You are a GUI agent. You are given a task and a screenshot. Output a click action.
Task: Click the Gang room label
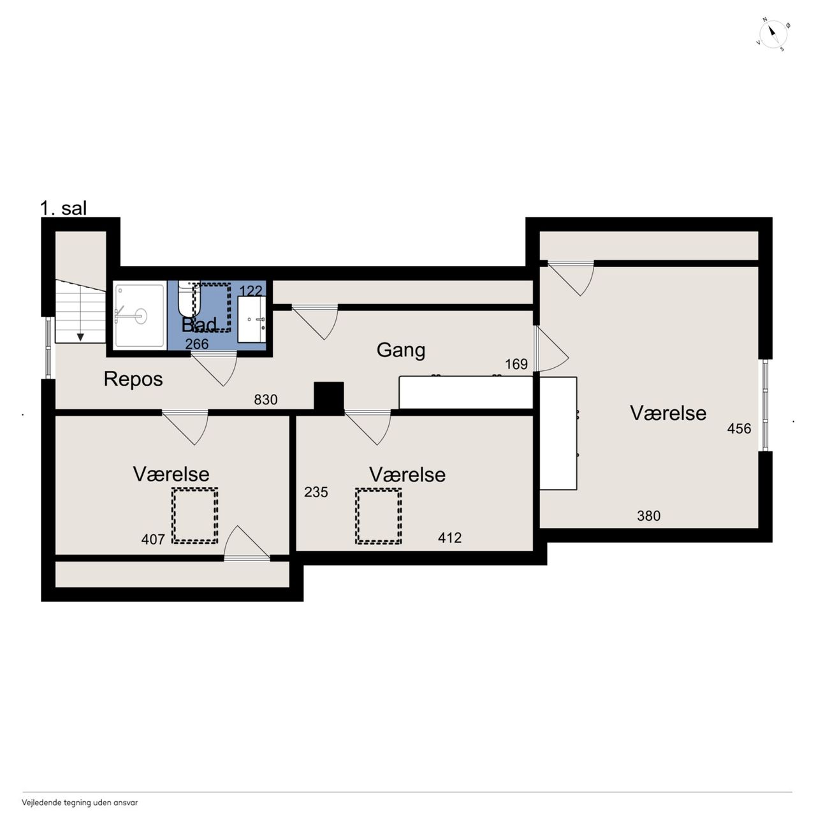pyautogui.click(x=400, y=351)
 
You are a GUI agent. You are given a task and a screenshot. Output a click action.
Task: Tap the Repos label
pyautogui.click(x=133, y=379)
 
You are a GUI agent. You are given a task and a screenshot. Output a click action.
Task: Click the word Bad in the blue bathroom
pyautogui.click(x=199, y=324)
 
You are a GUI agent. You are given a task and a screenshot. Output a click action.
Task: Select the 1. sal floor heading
pyautogui.click(x=64, y=208)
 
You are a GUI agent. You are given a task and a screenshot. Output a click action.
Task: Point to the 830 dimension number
pyautogui.click(x=265, y=399)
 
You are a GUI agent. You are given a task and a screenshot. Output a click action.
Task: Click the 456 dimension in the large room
pyautogui.click(x=739, y=428)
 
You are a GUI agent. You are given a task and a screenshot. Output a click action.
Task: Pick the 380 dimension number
pyautogui.click(x=649, y=516)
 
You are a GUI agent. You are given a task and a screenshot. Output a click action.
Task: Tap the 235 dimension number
pyautogui.click(x=316, y=492)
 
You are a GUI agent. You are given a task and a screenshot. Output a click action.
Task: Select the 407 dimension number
pyautogui.click(x=153, y=539)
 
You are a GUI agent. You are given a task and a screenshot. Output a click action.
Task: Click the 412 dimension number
pyautogui.click(x=449, y=538)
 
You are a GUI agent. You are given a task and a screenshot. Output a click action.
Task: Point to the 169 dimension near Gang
pyautogui.click(x=516, y=364)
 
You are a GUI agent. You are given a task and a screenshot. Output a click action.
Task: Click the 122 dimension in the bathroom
pyautogui.click(x=251, y=291)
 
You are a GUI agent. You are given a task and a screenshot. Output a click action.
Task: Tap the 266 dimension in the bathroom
pyautogui.click(x=197, y=344)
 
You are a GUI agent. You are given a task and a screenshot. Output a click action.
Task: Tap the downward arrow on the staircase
pyautogui.click(x=80, y=337)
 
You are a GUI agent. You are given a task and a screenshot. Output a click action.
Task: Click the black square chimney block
pyautogui.click(x=328, y=398)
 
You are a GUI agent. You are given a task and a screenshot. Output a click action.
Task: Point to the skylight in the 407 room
pyautogui.click(x=195, y=516)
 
